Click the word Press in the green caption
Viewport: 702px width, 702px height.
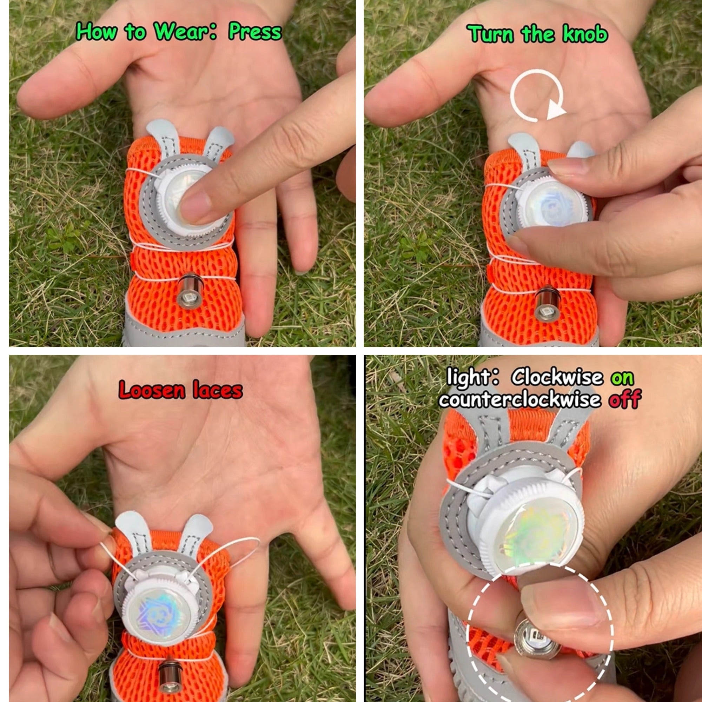point(255,32)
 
